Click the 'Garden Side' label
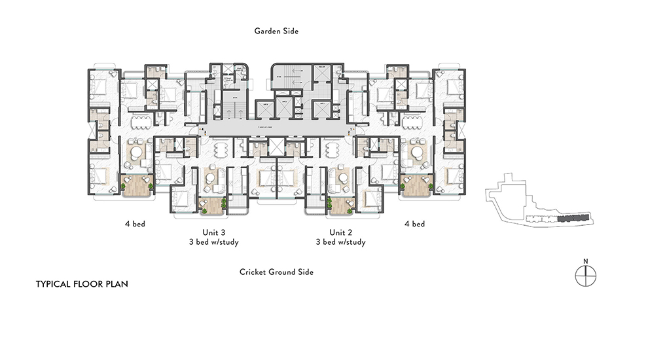click(x=277, y=31)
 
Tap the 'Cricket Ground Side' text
click(x=276, y=272)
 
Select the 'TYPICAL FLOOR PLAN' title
click(x=82, y=285)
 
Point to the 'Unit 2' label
click(x=340, y=232)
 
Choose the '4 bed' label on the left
click(x=135, y=224)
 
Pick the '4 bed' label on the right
click(x=414, y=224)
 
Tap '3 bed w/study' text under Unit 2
click(x=340, y=242)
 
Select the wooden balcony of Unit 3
click(x=211, y=206)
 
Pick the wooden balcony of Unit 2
click(x=340, y=206)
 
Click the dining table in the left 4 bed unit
click(x=139, y=122)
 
